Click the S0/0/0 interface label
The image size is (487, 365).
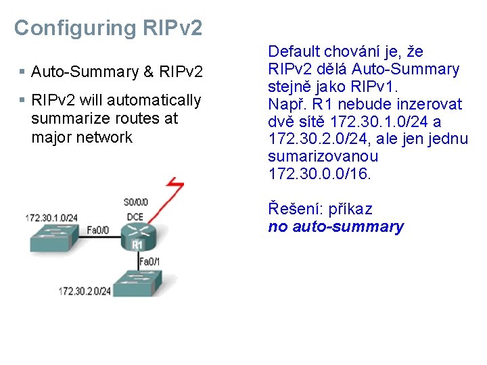point(137,201)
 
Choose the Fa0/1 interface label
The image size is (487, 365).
point(149,261)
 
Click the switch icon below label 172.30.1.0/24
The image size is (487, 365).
point(53,237)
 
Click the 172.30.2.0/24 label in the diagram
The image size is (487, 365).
point(85,291)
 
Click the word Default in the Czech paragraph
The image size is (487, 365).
point(295,51)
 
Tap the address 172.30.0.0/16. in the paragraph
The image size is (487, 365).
point(320,174)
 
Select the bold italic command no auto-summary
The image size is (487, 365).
point(335,226)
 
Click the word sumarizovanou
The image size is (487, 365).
point(313,157)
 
